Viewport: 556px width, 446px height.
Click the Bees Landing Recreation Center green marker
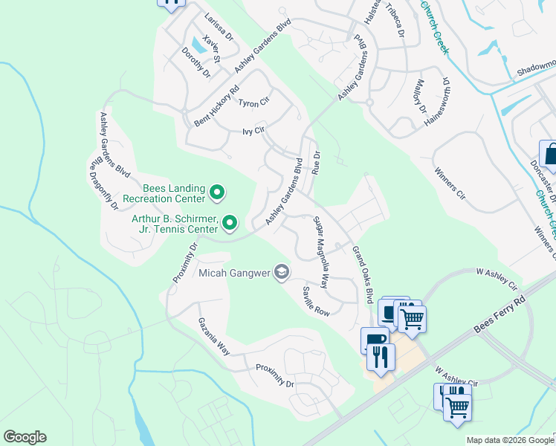click(x=217, y=193)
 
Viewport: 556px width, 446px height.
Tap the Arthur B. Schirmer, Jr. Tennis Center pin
click(x=230, y=222)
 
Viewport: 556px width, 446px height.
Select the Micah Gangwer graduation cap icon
click(x=282, y=273)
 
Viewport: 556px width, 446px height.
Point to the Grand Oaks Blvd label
click(x=362, y=275)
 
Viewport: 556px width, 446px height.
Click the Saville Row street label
click(x=316, y=301)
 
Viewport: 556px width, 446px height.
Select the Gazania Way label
click(x=213, y=335)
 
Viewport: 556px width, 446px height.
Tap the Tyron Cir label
click(x=253, y=102)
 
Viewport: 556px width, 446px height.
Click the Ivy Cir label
click(x=253, y=131)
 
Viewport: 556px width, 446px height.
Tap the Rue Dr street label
click(x=316, y=164)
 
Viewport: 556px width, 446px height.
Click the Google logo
click(x=25, y=437)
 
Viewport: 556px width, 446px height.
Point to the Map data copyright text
click(x=511, y=440)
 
